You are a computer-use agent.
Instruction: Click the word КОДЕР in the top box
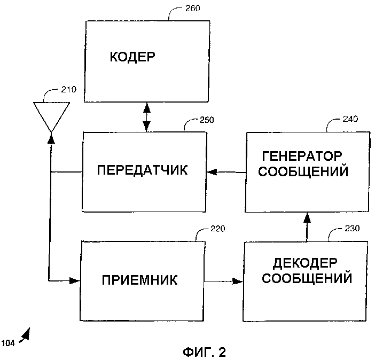point(133,57)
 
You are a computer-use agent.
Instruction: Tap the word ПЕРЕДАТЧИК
point(143,170)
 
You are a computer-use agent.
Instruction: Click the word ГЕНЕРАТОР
point(302,156)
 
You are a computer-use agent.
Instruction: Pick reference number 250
point(206,120)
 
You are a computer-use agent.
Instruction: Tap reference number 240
point(350,119)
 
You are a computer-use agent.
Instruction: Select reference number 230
point(352,229)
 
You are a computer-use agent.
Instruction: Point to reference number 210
point(68,89)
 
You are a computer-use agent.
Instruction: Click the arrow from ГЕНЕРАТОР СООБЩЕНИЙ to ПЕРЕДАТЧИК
point(226,172)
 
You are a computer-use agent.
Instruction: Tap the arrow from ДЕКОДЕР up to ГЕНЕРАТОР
point(307,226)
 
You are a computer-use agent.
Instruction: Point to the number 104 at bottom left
point(8,342)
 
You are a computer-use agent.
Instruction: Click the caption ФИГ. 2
point(204,351)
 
